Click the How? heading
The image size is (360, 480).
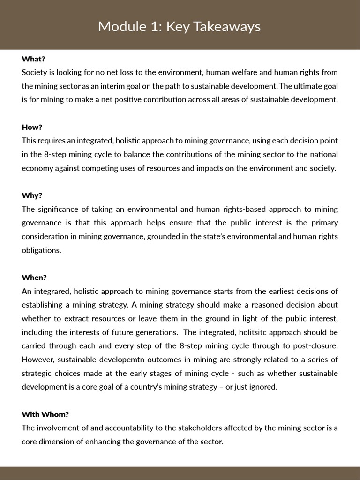pyautogui.click(x=32, y=127)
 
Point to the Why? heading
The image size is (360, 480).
pyautogui.click(x=32, y=195)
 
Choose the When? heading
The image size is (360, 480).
pyautogui.click(x=34, y=277)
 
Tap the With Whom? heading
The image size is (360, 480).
pyautogui.click(x=45, y=414)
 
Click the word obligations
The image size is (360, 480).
pyautogui.click(x=41, y=250)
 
